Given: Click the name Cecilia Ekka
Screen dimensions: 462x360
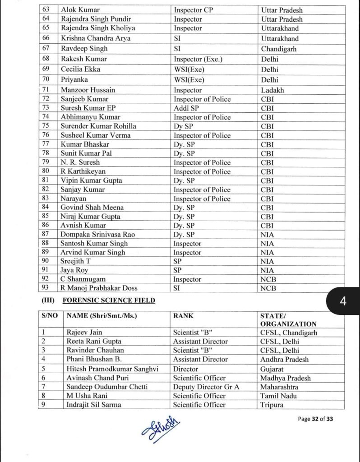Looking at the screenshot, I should tap(81, 69).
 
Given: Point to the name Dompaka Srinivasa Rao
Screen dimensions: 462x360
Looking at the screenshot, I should tap(98, 234).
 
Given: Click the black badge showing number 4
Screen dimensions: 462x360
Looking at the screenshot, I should tap(343, 301).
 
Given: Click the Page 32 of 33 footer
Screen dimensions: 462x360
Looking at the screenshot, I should tap(315, 419).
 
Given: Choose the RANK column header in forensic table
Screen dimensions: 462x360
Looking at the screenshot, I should tap(183, 316).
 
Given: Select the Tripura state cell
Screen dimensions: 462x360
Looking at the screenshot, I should tap(272, 405).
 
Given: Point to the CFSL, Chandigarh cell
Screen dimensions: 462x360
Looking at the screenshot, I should tap(289, 333).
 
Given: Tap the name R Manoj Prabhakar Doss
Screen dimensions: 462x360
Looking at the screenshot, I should tap(99, 288).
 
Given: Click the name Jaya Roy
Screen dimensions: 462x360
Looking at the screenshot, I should tap(74, 270).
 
